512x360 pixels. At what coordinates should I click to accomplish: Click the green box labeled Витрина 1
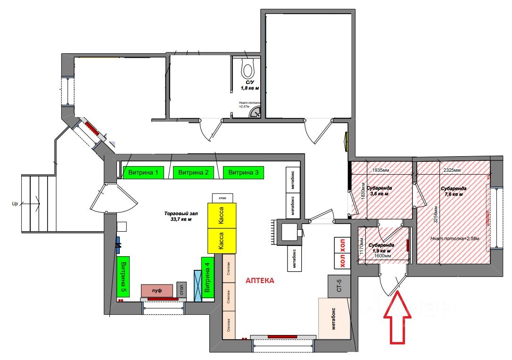click(x=143, y=173)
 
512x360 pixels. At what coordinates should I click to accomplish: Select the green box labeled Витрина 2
click(x=193, y=173)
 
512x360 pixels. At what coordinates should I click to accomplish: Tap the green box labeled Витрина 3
click(x=243, y=173)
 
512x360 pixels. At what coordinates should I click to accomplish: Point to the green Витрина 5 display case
click(x=123, y=276)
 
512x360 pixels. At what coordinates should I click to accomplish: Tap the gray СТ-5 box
click(x=339, y=286)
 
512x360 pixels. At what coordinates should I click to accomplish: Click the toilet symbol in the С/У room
click(x=248, y=69)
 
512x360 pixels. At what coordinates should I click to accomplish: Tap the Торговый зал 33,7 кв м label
click(x=180, y=216)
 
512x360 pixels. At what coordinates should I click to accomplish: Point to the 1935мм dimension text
click(x=380, y=170)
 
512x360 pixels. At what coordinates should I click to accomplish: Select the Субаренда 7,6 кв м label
click(x=454, y=191)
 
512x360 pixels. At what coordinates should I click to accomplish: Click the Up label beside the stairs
click(x=15, y=204)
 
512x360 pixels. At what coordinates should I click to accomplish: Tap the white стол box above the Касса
click(x=223, y=197)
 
